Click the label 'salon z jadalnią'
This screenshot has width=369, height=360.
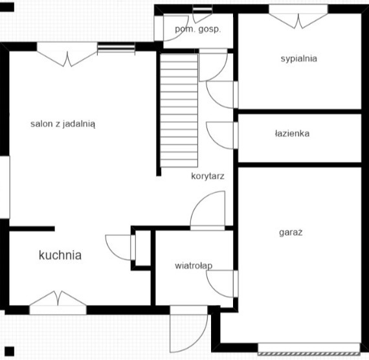(x=63, y=124)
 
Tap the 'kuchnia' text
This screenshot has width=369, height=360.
(x=60, y=255)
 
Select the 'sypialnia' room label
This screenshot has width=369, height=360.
(x=299, y=59)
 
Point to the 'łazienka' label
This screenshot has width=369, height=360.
(x=292, y=133)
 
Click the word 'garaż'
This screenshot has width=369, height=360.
(x=291, y=232)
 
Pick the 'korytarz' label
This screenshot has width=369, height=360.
(x=208, y=176)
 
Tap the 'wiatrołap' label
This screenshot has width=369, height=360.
(x=194, y=266)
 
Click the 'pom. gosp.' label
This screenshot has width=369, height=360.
(x=198, y=29)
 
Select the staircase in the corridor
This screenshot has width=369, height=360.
(x=179, y=111)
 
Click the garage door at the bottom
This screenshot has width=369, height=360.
(x=309, y=349)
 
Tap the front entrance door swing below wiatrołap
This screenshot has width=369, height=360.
(x=189, y=329)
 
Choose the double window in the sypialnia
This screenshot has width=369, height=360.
(x=298, y=16)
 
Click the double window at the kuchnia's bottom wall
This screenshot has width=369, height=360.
(x=58, y=303)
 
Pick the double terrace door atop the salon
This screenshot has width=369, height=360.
(x=67, y=54)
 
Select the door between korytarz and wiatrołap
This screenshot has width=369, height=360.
(x=208, y=210)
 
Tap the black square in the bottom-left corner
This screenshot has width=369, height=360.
(x=10, y=352)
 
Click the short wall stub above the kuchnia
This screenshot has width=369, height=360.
(x=32, y=229)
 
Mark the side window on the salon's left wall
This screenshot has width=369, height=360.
(x=5, y=187)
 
